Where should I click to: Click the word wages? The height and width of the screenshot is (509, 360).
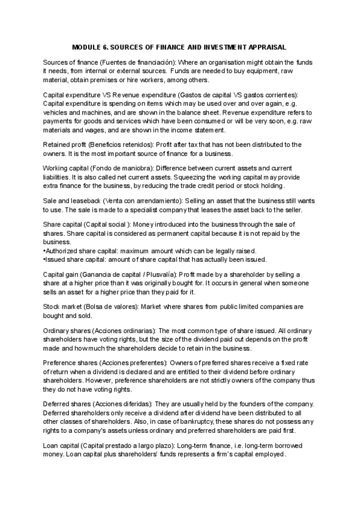88,130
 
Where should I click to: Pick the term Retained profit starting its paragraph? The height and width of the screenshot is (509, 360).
64,145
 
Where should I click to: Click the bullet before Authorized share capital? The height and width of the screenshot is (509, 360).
45,250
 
